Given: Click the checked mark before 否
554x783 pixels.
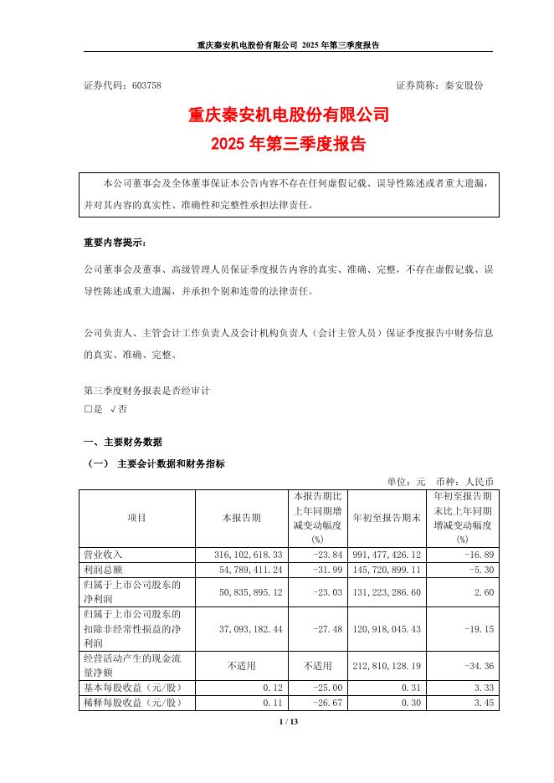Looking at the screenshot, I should [113, 410].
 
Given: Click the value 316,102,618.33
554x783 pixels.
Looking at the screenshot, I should [249, 555].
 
